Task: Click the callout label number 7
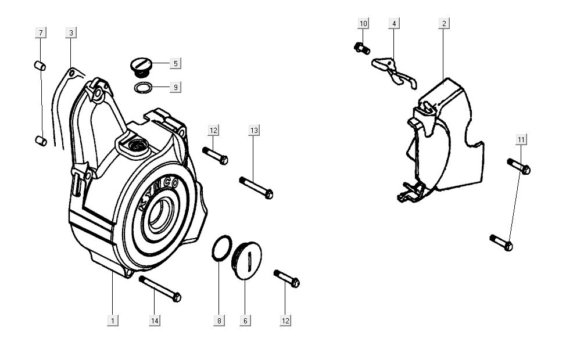(x=41, y=33)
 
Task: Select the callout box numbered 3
(x=71, y=33)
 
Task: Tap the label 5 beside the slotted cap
(x=175, y=63)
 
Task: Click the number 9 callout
(x=175, y=87)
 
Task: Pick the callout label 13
(x=254, y=130)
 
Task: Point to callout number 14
(x=155, y=321)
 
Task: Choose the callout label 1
(x=113, y=321)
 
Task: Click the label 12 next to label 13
(x=213, y=130)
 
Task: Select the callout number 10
(x=364, y=23)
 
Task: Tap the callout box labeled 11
(x=521, y=139)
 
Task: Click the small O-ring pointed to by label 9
(x=144, y=87)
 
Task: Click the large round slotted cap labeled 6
(x=247, y=260)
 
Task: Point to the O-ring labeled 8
(x=221, y=248)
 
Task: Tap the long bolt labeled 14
(x=160, y=289)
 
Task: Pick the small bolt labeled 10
(x=362, y=48)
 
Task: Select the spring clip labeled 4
(x=394, y=73)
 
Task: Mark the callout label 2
(x=444, y=23)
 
